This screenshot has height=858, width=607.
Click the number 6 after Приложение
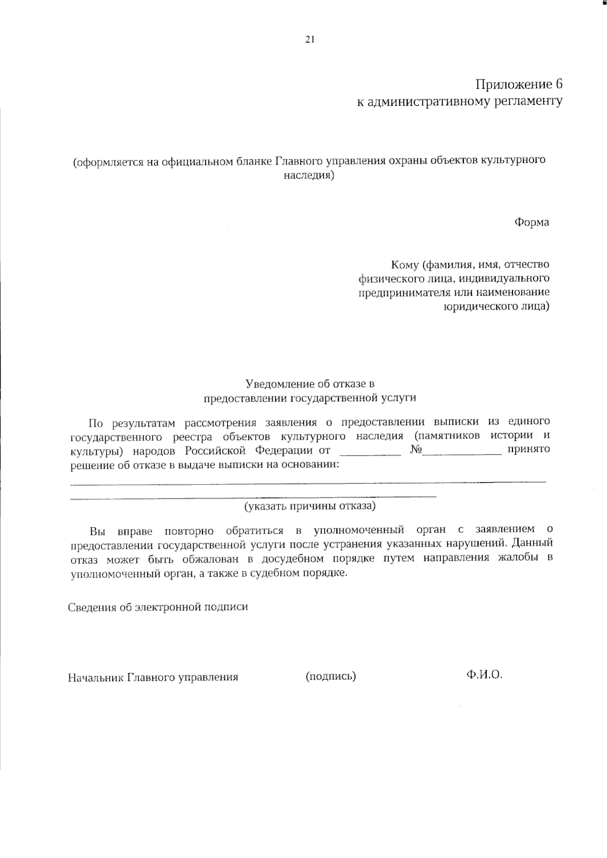click(x=558, y=84)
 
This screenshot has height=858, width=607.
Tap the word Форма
click(x=532, y=222)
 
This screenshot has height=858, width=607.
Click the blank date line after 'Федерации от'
click(x=370, y=454)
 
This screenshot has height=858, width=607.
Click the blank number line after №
click(x=462, y=454)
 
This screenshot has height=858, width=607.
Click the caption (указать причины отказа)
click(x=310, y=506)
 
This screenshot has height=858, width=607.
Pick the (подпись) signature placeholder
click(x=331, y=676)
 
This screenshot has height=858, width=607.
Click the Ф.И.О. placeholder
click(x=485, y=675)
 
